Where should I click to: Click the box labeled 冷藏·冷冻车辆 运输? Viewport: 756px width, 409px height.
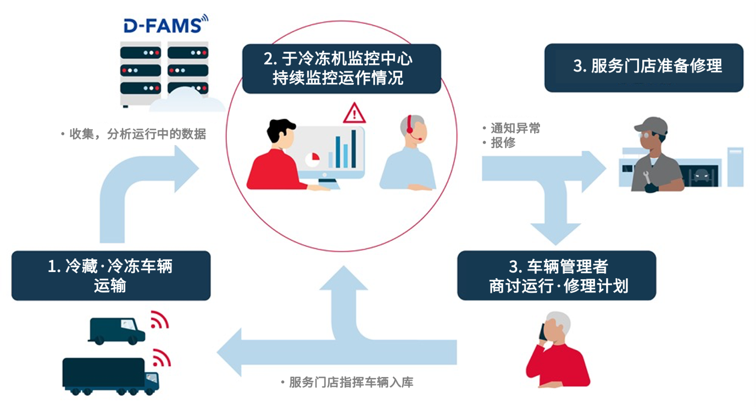110,275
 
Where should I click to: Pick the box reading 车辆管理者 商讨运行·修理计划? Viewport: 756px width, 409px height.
557,275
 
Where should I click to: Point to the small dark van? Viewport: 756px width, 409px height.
116,330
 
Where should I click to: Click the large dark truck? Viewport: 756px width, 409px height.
110,375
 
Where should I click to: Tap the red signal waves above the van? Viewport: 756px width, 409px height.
159,319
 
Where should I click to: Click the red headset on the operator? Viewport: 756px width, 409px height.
409,130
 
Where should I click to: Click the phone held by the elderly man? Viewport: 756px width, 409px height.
543,331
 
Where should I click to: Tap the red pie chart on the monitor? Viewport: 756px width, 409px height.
313,158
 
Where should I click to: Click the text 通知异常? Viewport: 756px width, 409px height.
515,128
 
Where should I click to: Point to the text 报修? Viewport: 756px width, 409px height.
503,143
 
